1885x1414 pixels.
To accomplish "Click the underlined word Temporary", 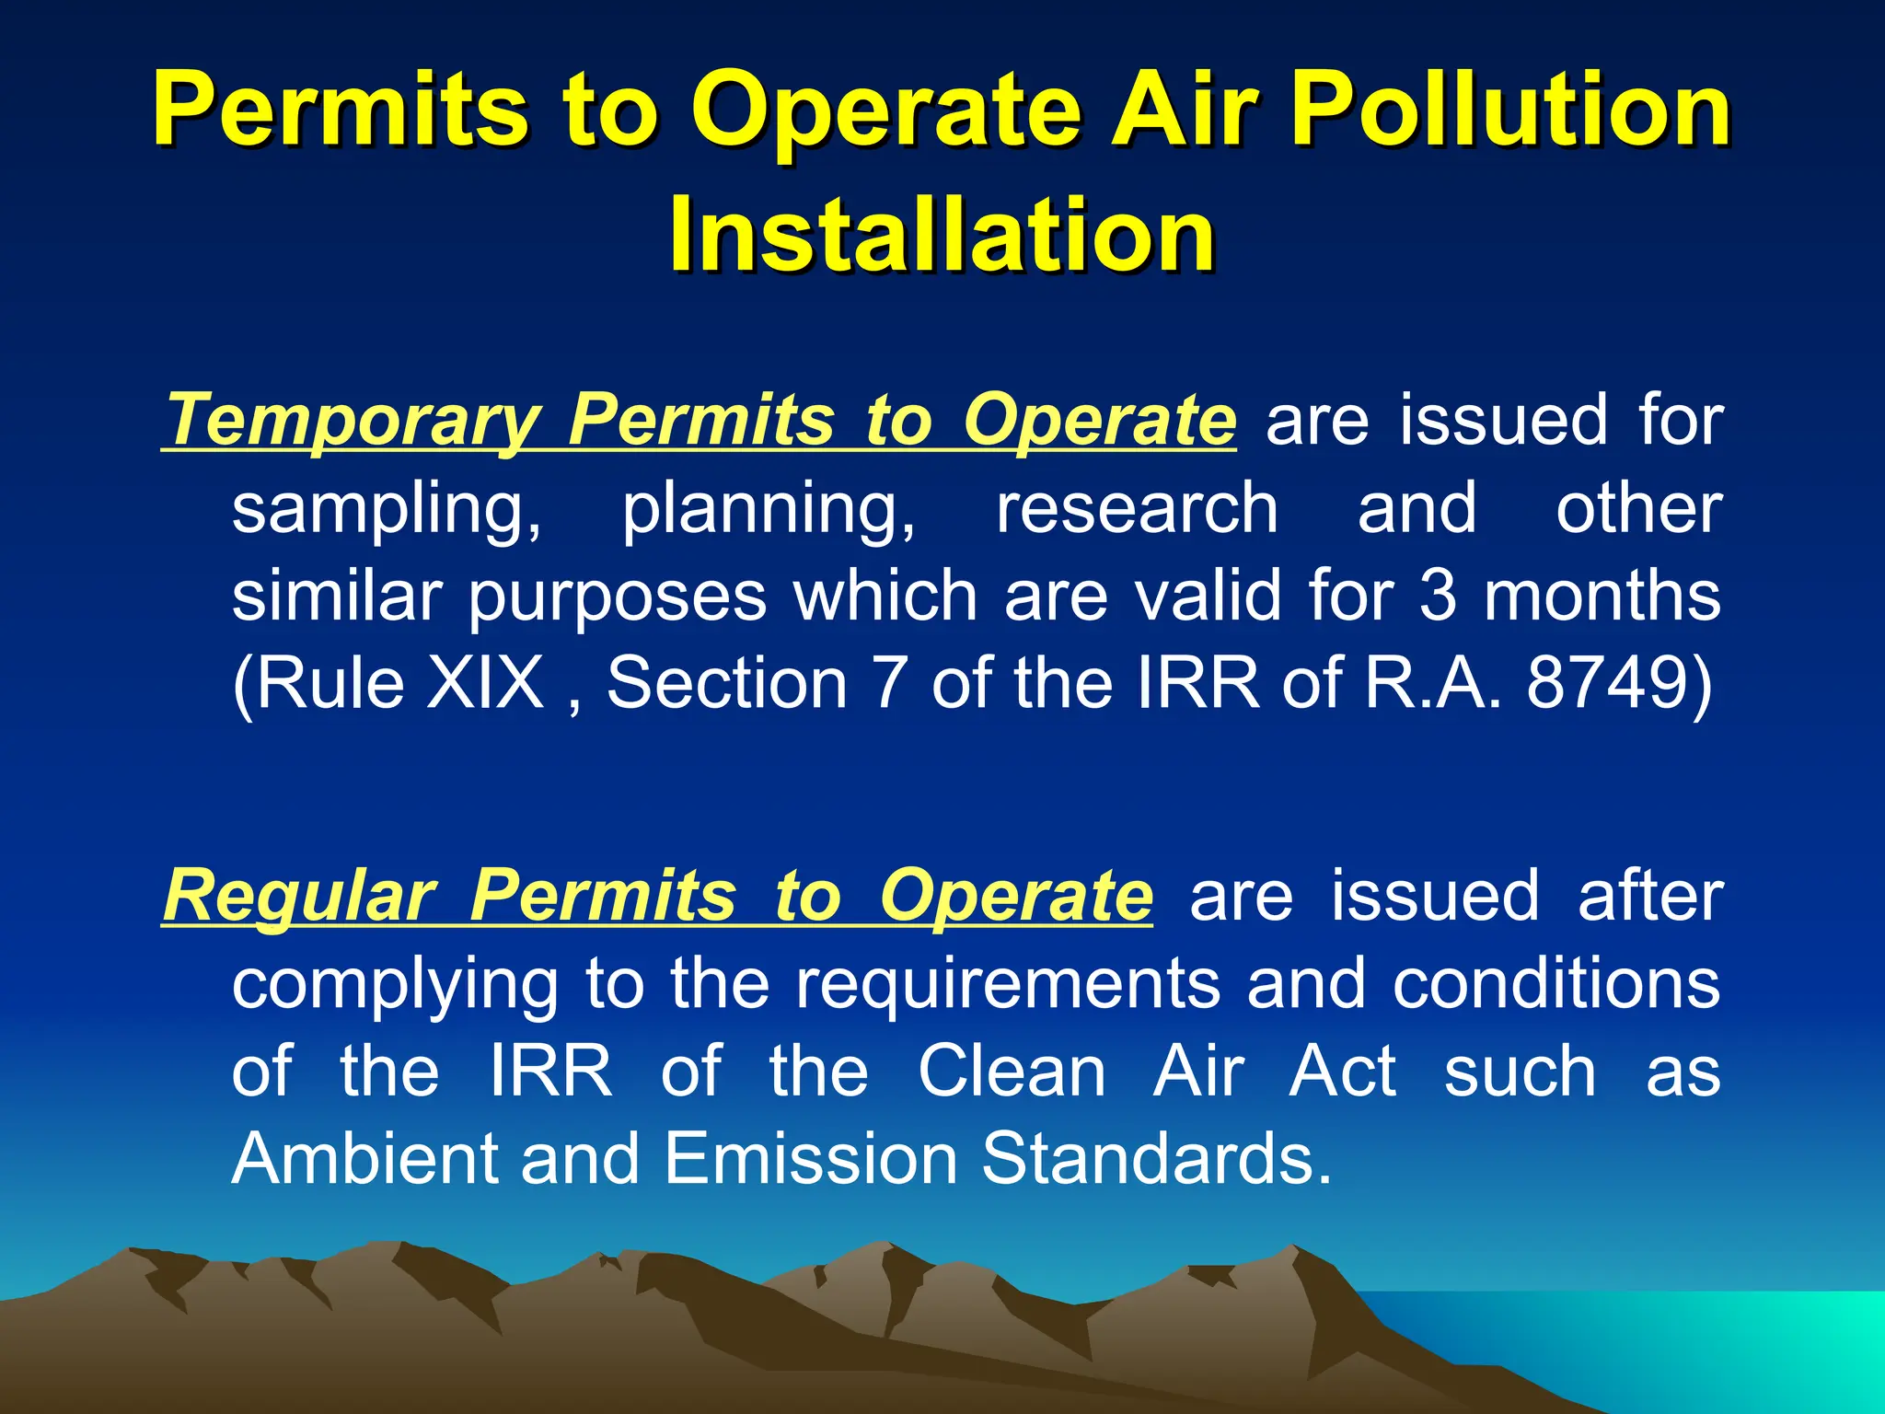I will tap(353, 422).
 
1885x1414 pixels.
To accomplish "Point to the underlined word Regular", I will tap(298, 896).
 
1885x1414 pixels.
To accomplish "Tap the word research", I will tap(1138, 508).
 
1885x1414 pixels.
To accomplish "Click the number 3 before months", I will tap(1438, 596).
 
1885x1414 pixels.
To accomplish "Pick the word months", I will tap(1602, 596).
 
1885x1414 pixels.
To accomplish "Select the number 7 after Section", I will tap(889, 683).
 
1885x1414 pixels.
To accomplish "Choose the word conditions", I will tap(1556, 983).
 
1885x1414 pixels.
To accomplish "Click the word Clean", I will tap(1012, 1071).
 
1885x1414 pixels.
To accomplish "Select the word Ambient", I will tap(364, 1158).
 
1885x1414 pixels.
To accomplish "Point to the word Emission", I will tap(811, 1158).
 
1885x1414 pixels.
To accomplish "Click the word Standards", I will tap(1155, 1158).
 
